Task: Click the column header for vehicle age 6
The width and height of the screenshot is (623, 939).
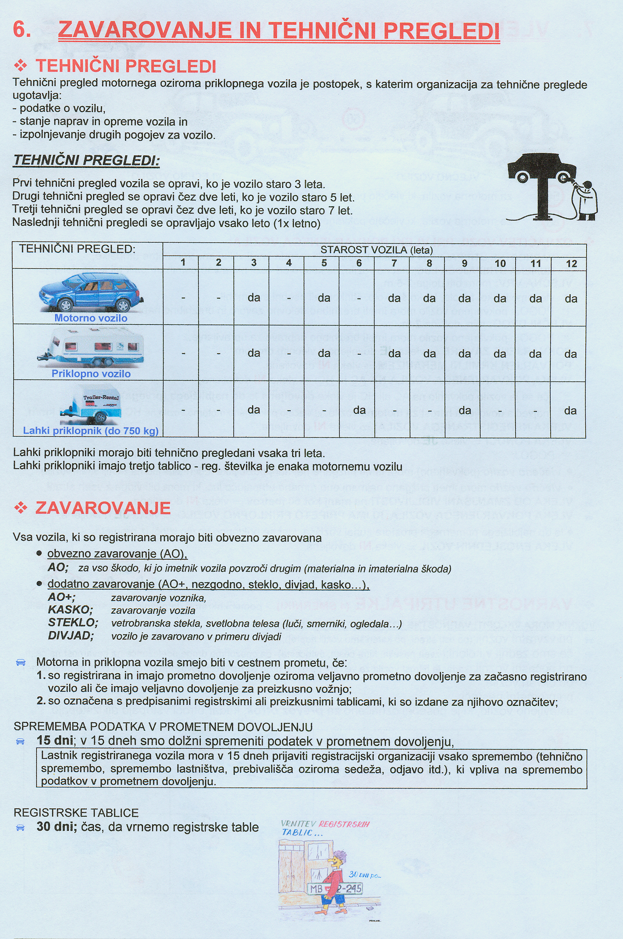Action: point(359,263)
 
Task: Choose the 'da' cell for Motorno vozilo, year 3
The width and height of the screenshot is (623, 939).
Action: point(254,297)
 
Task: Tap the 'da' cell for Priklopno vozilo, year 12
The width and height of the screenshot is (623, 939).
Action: point(570,353)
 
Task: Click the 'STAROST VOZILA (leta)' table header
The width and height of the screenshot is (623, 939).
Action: point(376,250)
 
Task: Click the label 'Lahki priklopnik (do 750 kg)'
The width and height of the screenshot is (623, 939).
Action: point(91,431)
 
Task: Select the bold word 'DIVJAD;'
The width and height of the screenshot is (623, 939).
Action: point(71,636)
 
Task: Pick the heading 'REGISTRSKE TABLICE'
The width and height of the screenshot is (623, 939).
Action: point(76,813)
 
